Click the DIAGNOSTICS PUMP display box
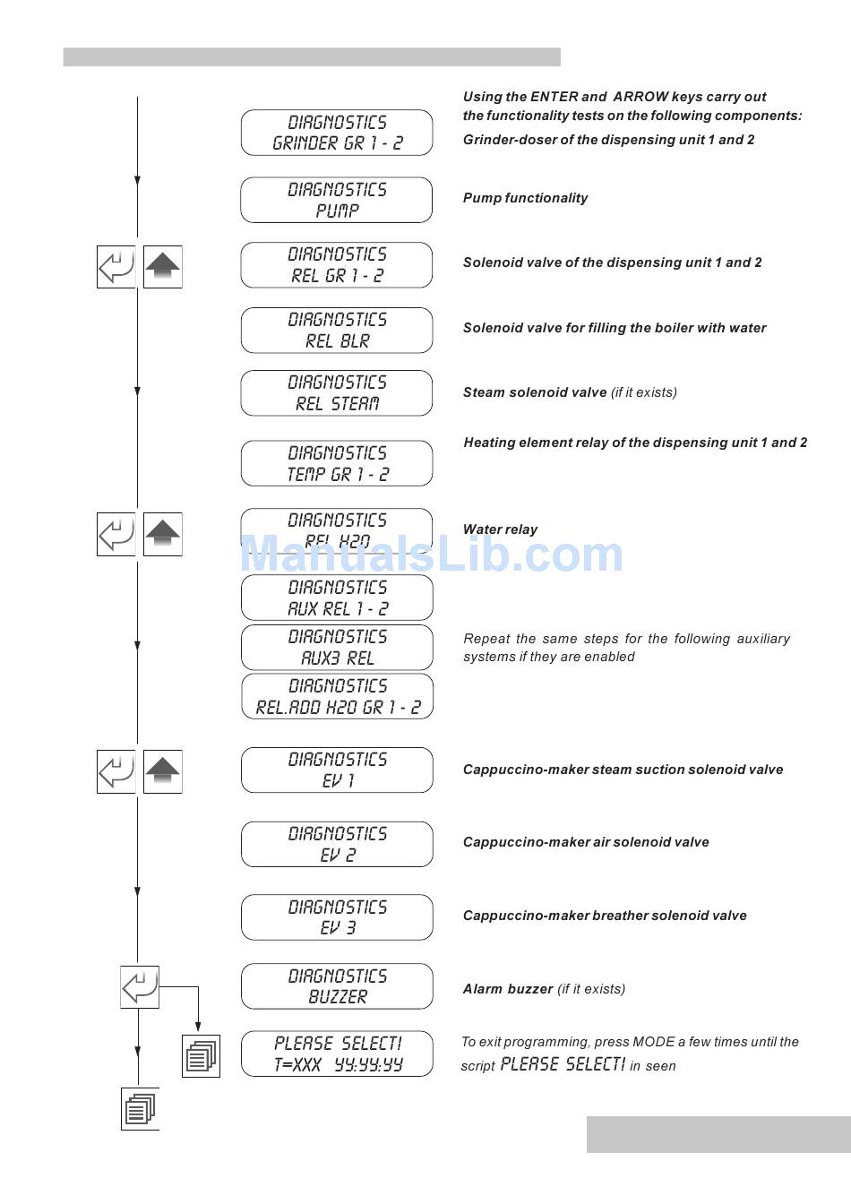337,200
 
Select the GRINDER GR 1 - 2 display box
337,133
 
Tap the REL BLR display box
337,331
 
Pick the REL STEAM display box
337,393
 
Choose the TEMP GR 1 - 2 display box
337,464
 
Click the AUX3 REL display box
337,648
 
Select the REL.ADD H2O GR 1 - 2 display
337,697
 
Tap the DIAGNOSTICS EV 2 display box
337,845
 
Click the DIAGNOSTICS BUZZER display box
337,986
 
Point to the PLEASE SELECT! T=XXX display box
337,1054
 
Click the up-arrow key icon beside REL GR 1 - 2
162,267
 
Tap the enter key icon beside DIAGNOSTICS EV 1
116,772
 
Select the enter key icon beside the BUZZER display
140,987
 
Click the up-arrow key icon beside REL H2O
162,535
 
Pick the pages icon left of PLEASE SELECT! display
201,1056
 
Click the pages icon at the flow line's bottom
140,1109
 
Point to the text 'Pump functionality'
525,198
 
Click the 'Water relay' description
500,529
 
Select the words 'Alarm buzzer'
508,989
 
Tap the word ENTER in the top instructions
554,97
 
